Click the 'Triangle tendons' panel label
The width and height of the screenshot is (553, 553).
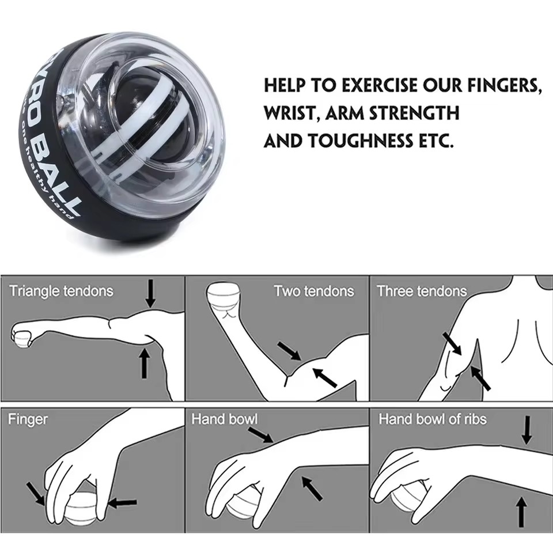(x=61, y=291)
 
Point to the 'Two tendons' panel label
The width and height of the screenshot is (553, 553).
(x=313, y=291)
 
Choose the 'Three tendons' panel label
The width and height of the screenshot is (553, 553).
(x=422, y=291)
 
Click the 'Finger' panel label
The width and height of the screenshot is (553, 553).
(x=28, y=419)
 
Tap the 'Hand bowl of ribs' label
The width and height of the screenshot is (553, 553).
(x=432, y=419)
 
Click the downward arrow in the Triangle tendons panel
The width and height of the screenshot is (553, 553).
(x=150, y=293)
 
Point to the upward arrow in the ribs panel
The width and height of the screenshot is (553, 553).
(x=521, y=512)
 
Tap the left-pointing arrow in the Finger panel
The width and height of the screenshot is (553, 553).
(x=123, y=503)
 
